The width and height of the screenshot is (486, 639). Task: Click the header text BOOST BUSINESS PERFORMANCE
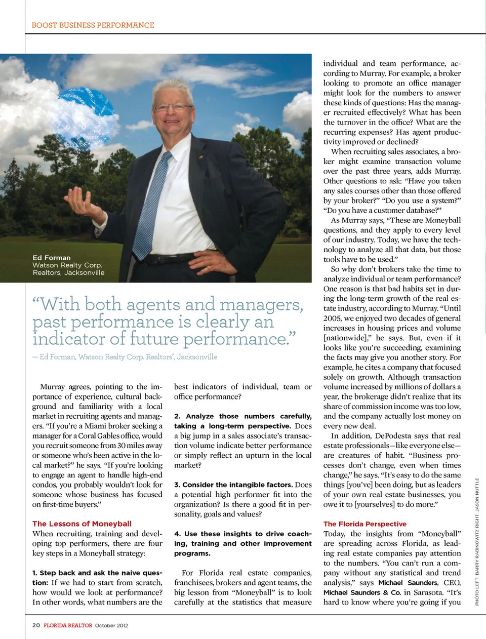[93, 25]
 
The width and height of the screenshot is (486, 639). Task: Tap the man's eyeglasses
[173, 107]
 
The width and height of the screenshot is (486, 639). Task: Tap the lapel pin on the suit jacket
[200, 157]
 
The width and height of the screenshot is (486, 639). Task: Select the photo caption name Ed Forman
[52, 258]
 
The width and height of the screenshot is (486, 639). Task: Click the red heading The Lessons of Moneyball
[82, 524]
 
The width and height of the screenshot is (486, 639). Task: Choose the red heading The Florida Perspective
[364, 524]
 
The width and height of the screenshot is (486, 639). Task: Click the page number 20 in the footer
[36, 625]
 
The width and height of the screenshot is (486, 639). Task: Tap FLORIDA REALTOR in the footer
[68, 625]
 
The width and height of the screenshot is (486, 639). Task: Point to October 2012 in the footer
[111, 625]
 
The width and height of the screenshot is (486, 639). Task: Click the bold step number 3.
[177, 485]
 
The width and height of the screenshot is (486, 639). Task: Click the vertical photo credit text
[477, 542]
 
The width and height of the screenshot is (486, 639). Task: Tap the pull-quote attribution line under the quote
[125, 357]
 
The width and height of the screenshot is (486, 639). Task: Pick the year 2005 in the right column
[332, 318]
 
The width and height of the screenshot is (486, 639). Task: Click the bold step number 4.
[177, 534]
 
